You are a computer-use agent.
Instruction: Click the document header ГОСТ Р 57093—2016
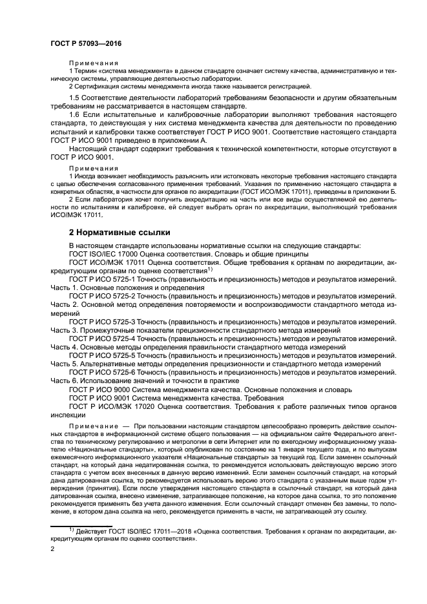click(x=86, y=44)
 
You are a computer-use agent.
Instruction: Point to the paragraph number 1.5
click(x=75, y=96)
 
